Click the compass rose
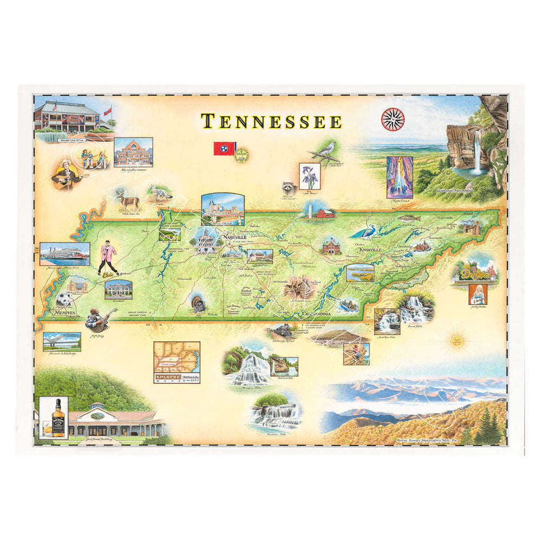[x=393, y=119]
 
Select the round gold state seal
[x=241, y=154]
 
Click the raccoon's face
[x=287, y=188]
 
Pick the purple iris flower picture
[x=310, y=176]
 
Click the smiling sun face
[x=459, y=341]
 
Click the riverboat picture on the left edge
[x=64, y=254]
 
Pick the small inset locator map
[x=177, y=363]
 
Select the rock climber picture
[x=356, y=353]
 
